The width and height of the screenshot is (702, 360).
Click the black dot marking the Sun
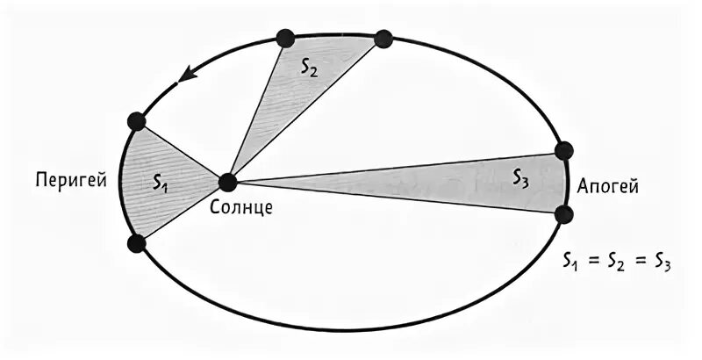point(227,183)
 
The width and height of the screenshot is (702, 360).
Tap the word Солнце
point(242,208)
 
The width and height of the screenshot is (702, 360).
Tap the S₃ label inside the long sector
point(520,179)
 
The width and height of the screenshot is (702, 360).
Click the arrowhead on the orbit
point(185,78)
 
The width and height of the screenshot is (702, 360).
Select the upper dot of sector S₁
point(135,121)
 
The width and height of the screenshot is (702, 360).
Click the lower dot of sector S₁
point(135,243)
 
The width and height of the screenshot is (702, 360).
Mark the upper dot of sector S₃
point(563,151)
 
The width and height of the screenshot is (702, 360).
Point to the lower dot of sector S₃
point(563,214)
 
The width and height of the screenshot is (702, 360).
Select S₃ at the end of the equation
point(662,262)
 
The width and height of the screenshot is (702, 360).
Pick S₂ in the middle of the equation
point(616,262)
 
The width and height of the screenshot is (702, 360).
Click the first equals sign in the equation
point(594,261)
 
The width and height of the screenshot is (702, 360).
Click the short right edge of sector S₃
point(563,183)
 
